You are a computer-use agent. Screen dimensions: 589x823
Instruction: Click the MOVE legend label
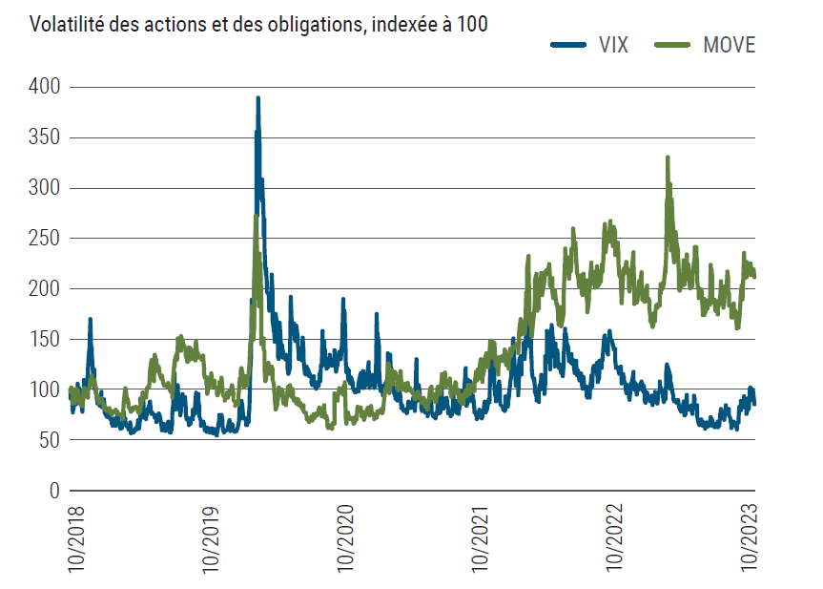(x=728, y=45)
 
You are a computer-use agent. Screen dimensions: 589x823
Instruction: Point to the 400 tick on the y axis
(x=45, y=88)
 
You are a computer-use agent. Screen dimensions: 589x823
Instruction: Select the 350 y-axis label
(x=45, y=137)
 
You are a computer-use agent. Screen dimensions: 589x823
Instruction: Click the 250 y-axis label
(x=45, y=239)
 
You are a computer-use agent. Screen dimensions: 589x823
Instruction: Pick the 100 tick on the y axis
(x=45, y=389)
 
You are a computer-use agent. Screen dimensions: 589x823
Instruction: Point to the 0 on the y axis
(x=54, y=491)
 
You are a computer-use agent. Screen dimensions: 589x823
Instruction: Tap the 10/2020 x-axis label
(x=346, y=537)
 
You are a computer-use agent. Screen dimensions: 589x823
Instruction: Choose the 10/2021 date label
(x=483, y=537)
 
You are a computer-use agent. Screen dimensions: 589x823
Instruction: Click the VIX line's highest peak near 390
(x=257, y=98)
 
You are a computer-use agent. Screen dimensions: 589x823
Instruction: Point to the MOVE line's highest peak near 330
(x=668, y=158)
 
